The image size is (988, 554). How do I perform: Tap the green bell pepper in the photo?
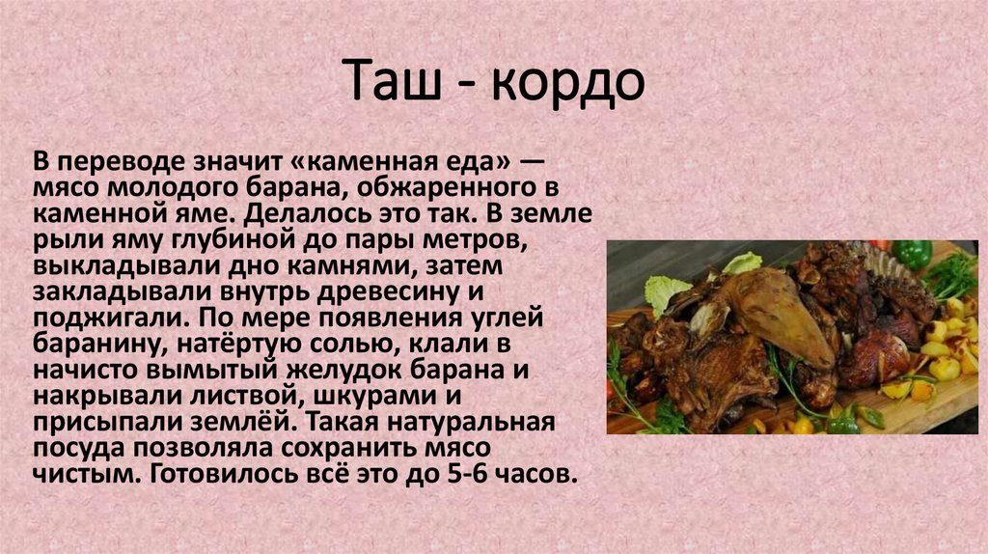click(911, 254)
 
